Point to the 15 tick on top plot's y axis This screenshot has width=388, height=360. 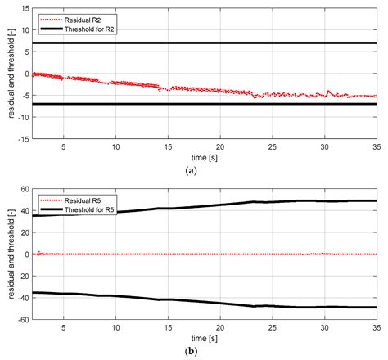tap(25, 8)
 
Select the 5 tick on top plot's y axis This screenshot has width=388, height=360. tap(28, 52)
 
